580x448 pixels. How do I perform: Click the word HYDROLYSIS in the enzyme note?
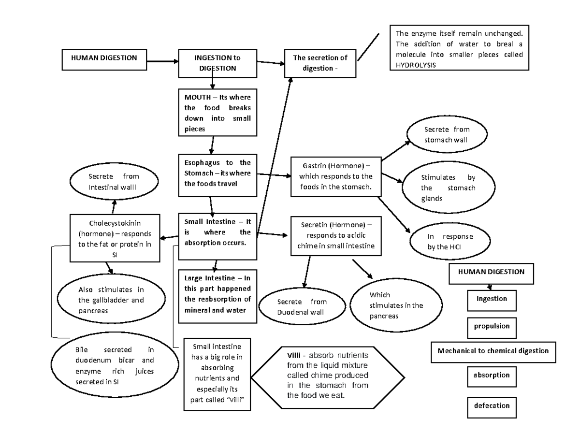[x=415, y=64]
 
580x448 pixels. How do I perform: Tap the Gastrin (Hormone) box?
[x=335, y=176]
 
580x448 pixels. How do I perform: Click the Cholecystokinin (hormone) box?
[x=115, y=238]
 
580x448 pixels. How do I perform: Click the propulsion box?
[x=492, y=326]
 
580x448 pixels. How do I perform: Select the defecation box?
[x=492, y=406]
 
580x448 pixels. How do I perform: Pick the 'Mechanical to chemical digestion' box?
[x=493, y=351]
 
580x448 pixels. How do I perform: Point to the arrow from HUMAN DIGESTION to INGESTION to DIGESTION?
[x=162, y=61]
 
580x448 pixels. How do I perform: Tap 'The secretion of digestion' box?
[x=320, y=63]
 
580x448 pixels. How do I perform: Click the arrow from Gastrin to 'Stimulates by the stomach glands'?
[x=391, y=177]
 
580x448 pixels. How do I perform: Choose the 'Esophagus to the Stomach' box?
[x=217, y=173]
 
